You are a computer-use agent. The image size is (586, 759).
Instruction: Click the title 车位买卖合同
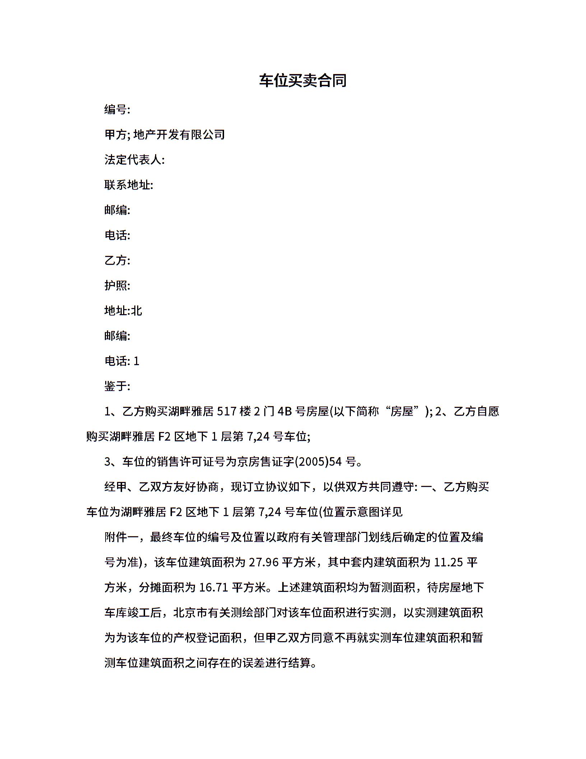pyautogui.click(x=303, y=80)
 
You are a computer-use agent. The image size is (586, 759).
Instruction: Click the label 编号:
pyautogui.click(x=117, y=109)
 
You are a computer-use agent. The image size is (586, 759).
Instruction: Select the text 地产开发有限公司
pyautogui.click(x=179, y=134)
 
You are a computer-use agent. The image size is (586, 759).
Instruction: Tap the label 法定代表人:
pyautogui.click(x=134, y=160)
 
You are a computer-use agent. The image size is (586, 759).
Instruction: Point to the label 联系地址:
pyautogui.click(x=129, y=185)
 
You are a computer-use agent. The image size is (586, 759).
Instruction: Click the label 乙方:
pyautogui.click(x=117, y=260)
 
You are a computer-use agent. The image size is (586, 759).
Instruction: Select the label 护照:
pyautogui.click(x=117, y=285)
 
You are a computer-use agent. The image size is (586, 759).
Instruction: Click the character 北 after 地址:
pyautogui.click(x=136, y=310)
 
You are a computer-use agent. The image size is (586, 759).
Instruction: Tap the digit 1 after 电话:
pyautogui.click(x=136, y=361)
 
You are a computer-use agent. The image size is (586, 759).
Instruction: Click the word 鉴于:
pyautogui.click(x=117, y=386)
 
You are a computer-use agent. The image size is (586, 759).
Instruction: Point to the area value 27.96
pyautogui.click(x=264, y=562)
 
